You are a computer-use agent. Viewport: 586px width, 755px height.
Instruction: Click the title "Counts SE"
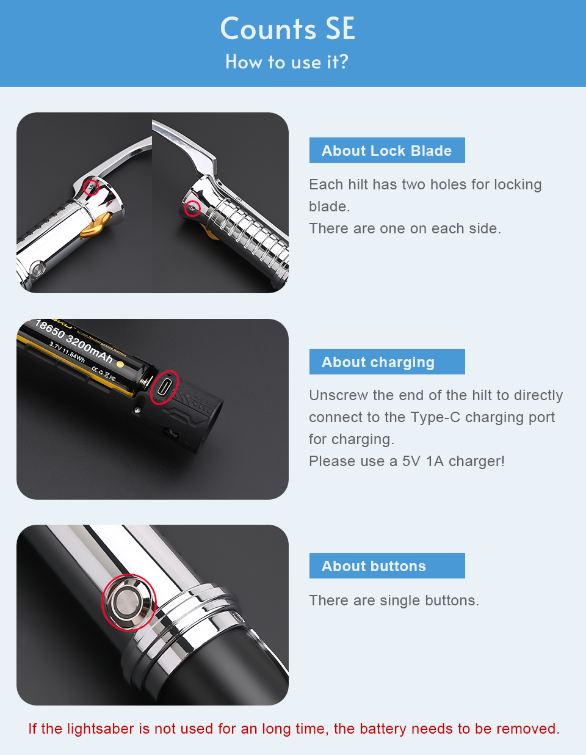click(288, 29)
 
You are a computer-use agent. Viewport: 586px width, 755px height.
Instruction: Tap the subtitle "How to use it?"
click(287, 62)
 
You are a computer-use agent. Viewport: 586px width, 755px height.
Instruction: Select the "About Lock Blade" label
click(387, 151)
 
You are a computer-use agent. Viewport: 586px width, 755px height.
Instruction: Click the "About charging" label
click(378, 362)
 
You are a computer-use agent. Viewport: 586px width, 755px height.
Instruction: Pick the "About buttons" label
click(374, 566)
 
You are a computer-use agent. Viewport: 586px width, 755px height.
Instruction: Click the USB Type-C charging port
click(163, 387)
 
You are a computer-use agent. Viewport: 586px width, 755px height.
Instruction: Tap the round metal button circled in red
click(129, 602)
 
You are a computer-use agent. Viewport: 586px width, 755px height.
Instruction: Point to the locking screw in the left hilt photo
click(91, 188)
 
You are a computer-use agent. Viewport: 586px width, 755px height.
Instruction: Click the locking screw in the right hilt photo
click(192, 208)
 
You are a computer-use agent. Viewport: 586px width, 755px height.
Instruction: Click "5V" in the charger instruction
click(411, 461)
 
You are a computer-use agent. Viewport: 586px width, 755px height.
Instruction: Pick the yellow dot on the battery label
click(120, 365)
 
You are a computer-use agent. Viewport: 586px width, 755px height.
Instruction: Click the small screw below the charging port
click(137, 410)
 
